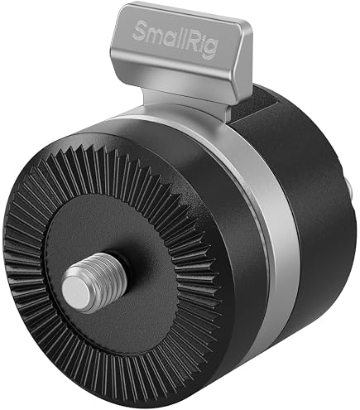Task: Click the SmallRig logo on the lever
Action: click(175, 40)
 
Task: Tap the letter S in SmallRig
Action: click(140, 31)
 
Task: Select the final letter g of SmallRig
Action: click(210, 50)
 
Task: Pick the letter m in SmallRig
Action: click(156, 36)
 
